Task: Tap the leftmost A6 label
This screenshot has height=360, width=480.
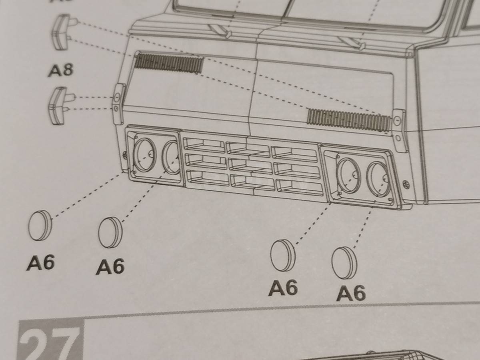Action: pyautogui.click(x=41, y=263)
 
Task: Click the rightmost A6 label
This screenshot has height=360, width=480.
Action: pyautogui.click(x=351, y=294)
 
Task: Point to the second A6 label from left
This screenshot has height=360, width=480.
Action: pyautogui.click(x=110, y=266)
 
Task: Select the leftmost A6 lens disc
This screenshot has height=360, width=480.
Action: pyautogui.click(x=40, y=225)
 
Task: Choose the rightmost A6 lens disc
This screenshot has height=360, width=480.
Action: pyautogui.click(x=344, y=262)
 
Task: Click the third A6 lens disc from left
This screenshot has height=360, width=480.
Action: pyautogui.click(x=283, y=255)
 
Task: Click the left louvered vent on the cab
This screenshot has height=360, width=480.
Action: pyautogui.click(x=169, y=63)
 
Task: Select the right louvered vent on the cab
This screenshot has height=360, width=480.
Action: pyautogui.click(x=348, y=119)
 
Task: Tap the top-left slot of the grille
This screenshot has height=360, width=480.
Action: pyautogui.click(x=204, y=144)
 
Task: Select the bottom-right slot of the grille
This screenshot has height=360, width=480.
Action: pyautogui.click(x=300, y=187)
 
